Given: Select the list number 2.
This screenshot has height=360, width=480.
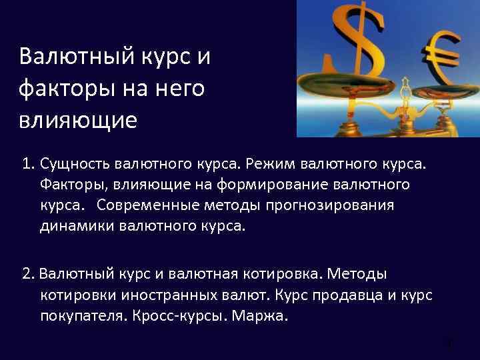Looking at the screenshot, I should (27, 274).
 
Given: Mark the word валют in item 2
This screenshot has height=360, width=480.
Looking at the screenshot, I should (245, 295).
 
